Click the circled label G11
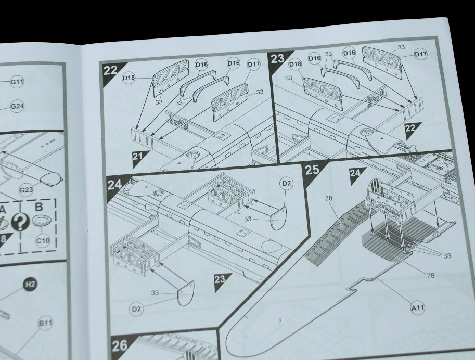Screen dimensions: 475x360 [x=17, y=82]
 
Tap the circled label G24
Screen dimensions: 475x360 [x=17, y=106]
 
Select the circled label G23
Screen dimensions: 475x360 [x=26, y=190]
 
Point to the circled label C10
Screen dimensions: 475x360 [x=43, y=240]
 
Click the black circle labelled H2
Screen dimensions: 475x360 [x=30, y=284]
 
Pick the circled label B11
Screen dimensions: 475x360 [x=45, y=323]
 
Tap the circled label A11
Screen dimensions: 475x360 [x=417, y=308]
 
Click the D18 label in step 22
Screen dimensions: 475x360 [x=129, y=78]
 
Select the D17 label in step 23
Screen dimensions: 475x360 [x=420, y=54]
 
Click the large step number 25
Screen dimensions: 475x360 [x=312, y=170]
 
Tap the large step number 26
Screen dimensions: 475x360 [x=120, y=346]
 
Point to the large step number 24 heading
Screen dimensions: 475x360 [x=114, y=184]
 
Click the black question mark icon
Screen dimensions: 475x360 [x=20, y=222]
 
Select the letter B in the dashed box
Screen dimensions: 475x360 [x=39, y=207]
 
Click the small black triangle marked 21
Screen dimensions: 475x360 [x=139, y=158]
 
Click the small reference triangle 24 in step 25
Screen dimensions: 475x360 [x=356, y=174]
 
